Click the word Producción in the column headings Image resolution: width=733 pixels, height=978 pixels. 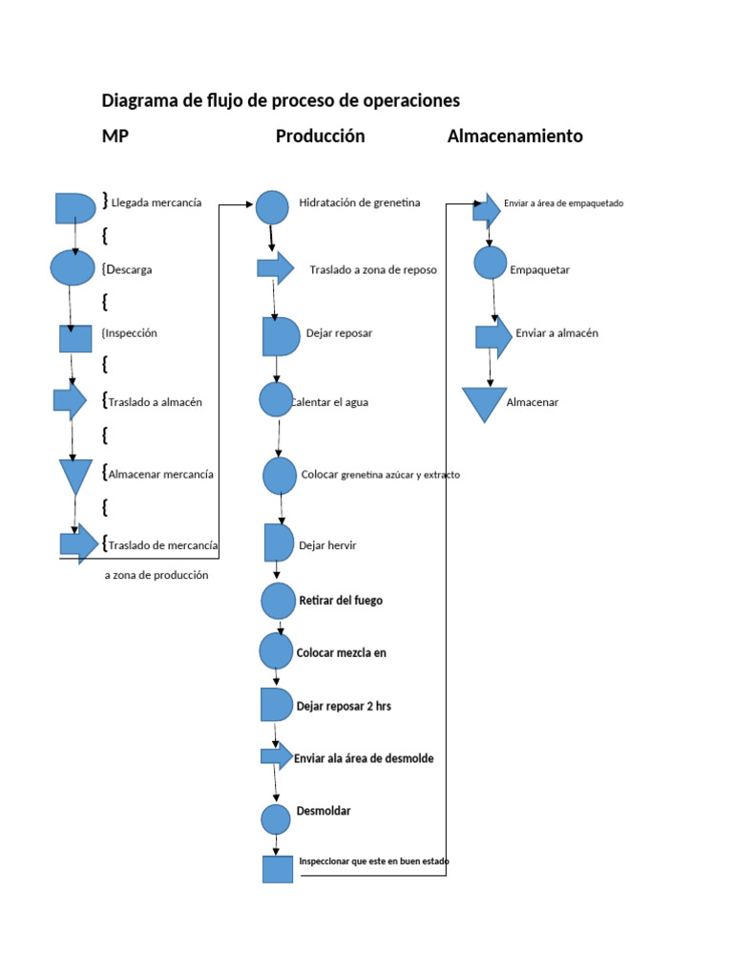tap(320, 137)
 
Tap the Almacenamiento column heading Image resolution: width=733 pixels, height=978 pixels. tap(514, 137)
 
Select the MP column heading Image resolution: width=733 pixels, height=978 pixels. tap(115, 137)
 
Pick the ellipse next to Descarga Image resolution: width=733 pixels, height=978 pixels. tap(73, 267)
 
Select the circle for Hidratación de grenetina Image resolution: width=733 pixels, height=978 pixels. tap(272, 207)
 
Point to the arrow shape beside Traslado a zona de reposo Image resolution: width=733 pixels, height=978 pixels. tap(275, 268)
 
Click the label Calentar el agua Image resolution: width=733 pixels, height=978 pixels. tap(331, 402)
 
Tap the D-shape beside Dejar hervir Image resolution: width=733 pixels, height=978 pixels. tap(278, 542)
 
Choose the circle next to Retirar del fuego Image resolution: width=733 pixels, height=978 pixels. tap(278, 601)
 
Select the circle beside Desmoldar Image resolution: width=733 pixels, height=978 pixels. tap(276, 819)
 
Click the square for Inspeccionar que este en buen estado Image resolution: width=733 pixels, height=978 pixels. tap(278, 868)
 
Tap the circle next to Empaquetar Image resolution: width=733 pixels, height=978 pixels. tap(490, 263)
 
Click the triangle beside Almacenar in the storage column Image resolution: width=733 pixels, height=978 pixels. tap(484, 402)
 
